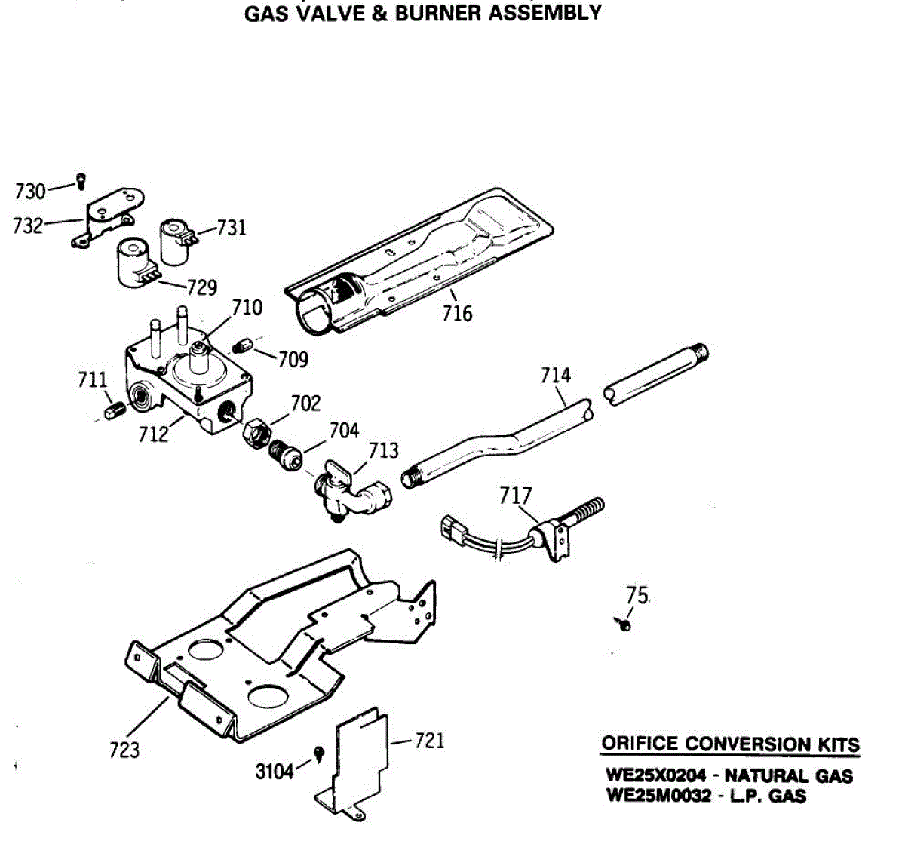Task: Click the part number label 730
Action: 30,192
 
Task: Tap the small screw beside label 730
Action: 81,180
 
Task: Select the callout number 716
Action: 457,312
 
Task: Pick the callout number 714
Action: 556,375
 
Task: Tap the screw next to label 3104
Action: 318,753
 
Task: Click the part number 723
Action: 124,749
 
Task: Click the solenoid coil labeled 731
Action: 176,241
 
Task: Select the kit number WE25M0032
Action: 658,796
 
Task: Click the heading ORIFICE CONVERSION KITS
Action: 730,744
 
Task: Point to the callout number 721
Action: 430,741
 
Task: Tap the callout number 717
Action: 516,496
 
